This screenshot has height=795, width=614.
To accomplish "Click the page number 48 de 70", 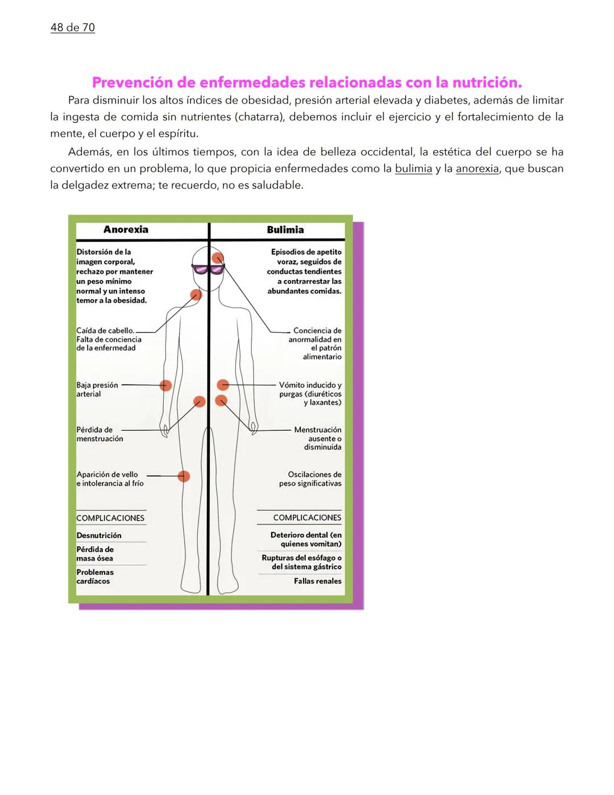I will [x=73, y=27].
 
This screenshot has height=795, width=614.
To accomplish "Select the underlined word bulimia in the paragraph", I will [x=413, y=169].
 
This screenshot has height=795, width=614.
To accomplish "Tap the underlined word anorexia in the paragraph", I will [x=477, y=169].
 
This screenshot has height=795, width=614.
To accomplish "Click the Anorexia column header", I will [x=126, y=230].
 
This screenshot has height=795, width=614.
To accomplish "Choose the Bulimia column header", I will [x=285, y=230].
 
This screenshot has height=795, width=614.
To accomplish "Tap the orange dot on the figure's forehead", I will [x=217, y=258].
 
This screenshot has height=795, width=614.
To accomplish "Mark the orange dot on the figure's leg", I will [x=184, y=476].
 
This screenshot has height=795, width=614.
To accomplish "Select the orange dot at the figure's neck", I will [x=196, y=295].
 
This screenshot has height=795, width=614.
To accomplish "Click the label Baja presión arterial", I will [x=97, y=390].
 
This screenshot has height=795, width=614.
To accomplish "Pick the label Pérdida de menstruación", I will [x=99, y=434].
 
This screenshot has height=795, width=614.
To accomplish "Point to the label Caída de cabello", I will [x=105, y=331].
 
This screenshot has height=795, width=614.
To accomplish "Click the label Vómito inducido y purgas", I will [x=310, y=394].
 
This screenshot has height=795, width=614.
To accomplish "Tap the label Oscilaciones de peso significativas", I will [x=310, y=479].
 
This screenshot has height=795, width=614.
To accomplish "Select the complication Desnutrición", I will [x=99, y=536].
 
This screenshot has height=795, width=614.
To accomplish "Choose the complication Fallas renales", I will [x=317, y=581].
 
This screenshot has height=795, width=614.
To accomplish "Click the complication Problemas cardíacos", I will [x=95, y=576].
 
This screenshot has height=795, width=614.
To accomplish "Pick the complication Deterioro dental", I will [x=306, y=539].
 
